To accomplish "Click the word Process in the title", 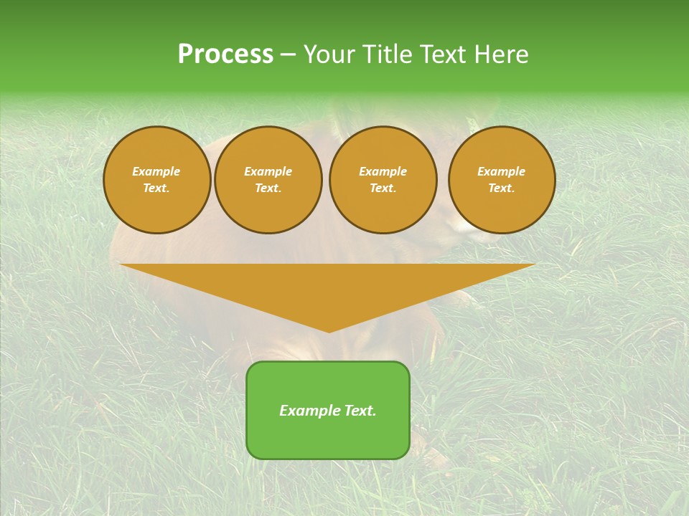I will click(225, 54).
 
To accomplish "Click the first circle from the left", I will click(156, 180).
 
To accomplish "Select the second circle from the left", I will click(268, 180).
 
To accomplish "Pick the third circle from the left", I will click(383, 180).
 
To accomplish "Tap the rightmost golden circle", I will click(502, 180).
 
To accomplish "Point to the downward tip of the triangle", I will click(329, 331).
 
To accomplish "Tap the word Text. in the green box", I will click(359, 411).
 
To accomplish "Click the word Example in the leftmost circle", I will click(156, 171).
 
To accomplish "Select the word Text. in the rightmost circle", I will click(502, 188).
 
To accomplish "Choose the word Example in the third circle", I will click(383, 171).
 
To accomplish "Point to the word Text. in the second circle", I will click(268, 188).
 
